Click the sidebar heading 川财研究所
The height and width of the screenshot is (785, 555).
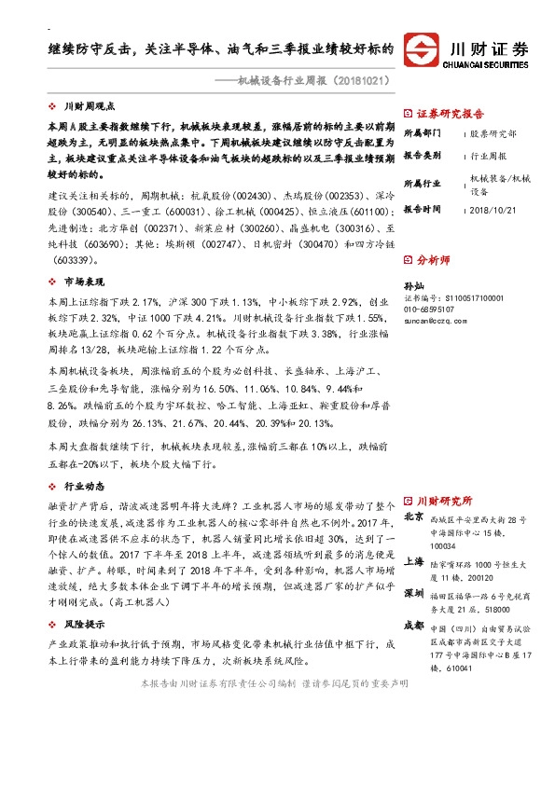(x=445, y=500)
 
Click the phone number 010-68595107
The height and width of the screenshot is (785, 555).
(x=430, y=309)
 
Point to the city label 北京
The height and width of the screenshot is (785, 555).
(x=414, y=516)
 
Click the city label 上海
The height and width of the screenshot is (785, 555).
(x=414, y=562)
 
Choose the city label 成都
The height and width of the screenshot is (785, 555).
(x=414, y=626)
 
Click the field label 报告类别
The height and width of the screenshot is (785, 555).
(x=422, y=156)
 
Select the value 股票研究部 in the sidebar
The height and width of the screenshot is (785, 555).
(x=492, y=133)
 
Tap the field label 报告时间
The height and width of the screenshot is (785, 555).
(x=422, y=210)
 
